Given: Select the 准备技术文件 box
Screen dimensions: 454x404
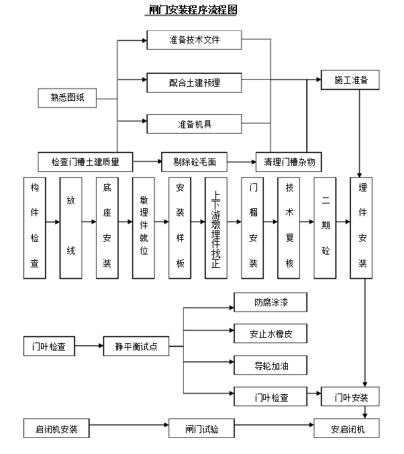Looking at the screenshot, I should (x=194, y=40).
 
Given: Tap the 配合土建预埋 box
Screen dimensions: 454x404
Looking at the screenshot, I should (x=194, y=83).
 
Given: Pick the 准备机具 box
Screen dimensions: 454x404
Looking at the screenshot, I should (x=194, y=124).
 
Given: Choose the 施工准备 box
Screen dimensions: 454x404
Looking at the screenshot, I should (x=351, y=80).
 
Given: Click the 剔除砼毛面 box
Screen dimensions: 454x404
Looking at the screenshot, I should (x=194, y=161).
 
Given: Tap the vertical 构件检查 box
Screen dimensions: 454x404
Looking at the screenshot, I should (x=34, y=228).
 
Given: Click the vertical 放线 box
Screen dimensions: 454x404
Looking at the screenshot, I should (x=70, y=228).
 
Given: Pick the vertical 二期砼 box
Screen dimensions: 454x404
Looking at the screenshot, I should (x=325, y=228).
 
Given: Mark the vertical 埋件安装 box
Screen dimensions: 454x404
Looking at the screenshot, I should (x=362, y=228).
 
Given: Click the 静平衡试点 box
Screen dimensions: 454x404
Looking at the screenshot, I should (x=136, y=347).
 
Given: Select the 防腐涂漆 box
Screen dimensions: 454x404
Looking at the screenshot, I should (x=270, y=302).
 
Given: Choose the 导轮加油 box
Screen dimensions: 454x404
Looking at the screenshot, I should (x=270, y=365).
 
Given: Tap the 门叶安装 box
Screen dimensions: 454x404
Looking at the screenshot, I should (x=351, y=397).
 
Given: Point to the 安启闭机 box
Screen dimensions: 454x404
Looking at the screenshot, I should (x=347, y=428).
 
